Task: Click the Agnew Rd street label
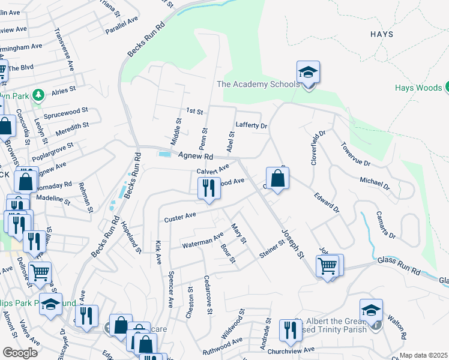coord(196,155)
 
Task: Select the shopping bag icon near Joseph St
coord(277,178)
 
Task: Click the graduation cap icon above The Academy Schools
coord(308,73)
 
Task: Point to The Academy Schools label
coord(258,84)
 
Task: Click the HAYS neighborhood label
coord(382,34)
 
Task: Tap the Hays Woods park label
coord(418,88)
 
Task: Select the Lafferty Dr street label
coord(251,125)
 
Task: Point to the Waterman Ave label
coord(202,241)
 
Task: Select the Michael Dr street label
coord(375,182)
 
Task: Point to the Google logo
coord(20,352)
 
